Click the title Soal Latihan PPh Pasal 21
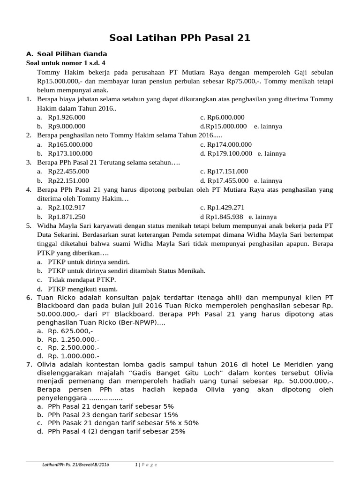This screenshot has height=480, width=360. (x=180, y=38)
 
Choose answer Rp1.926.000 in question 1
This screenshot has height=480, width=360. (x=67, y=117)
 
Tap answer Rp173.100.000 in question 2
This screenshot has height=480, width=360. (x=70, y=153)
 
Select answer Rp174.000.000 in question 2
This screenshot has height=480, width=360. (x=229, y=144)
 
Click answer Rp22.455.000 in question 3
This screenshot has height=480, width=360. (x=68, y=172)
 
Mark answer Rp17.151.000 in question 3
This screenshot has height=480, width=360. (x=228, y=172)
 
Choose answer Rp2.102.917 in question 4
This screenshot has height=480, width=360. (x=67, y=208)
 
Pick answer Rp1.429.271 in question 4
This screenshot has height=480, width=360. (x=226, y=208)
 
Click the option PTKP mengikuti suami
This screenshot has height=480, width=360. (x=82, y=289)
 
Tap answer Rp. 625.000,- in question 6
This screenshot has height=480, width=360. (x=70, y=331)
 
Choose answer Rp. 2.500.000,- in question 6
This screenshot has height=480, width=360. (x=74, y=347)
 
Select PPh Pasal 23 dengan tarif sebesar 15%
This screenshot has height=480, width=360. (x=113, y=415)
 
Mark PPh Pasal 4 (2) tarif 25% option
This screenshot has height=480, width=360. (x=117, y=432)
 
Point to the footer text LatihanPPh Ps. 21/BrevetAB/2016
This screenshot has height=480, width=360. (x=75, y=465)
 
